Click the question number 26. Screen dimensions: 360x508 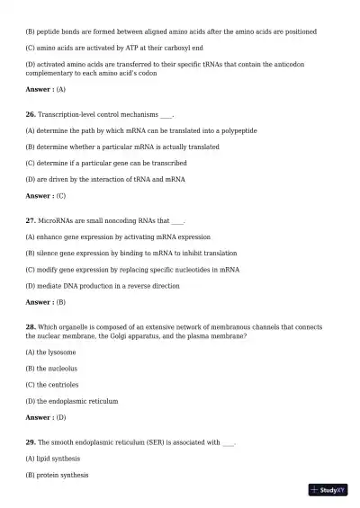[31, 115]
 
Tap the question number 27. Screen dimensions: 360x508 [31, 220]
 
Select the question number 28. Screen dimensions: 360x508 [31, 327]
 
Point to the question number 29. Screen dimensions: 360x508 [31, 442]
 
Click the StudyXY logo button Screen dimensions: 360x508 [328, 490]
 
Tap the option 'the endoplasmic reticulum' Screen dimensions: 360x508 [72, 401]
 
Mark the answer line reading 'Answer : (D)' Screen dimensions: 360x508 [46, 417]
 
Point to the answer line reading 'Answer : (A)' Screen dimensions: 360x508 [46, 90]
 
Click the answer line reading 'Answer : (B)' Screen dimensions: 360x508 [46, 302]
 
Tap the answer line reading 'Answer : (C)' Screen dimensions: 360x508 [46, 195]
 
